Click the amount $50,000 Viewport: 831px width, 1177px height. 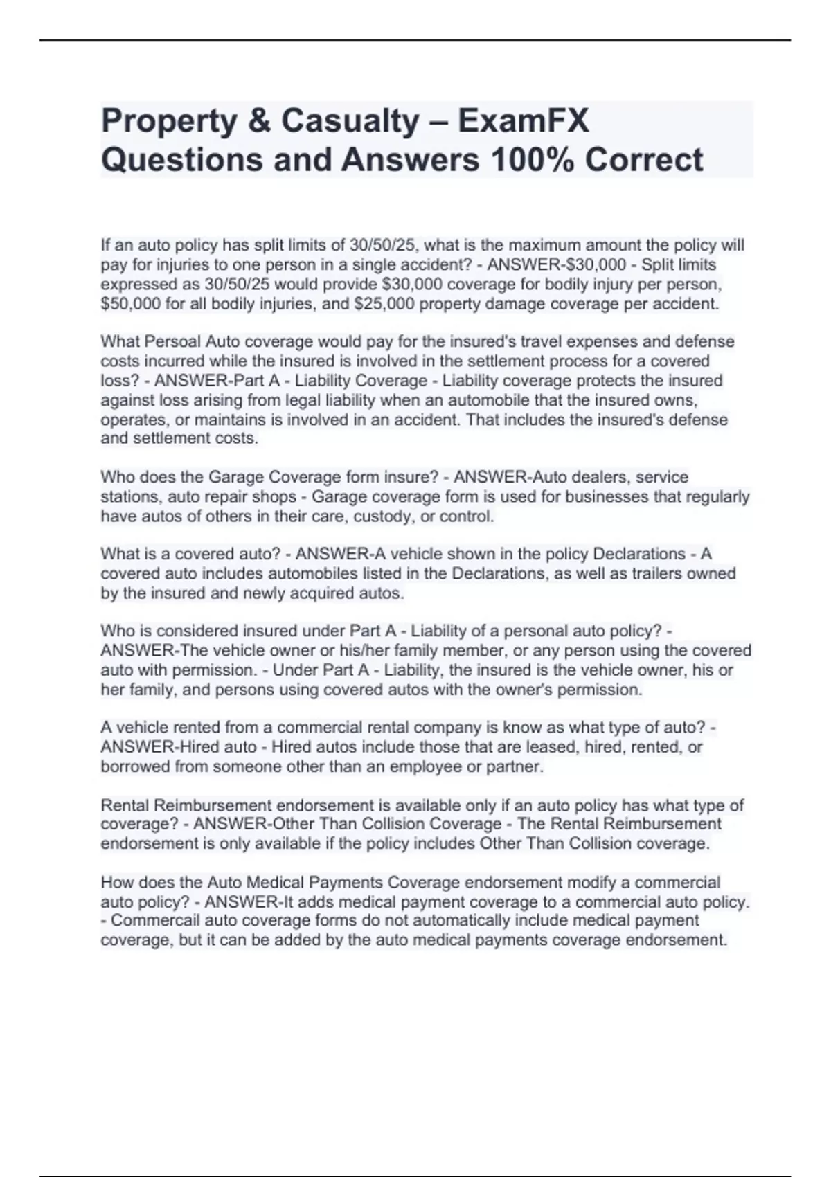pyautogui.click(x=131, y=304)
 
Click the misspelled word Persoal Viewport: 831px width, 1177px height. pyautogui.click(x=172, y=342)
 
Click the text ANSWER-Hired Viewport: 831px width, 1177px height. pyautogui.click(x=150, y=748)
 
